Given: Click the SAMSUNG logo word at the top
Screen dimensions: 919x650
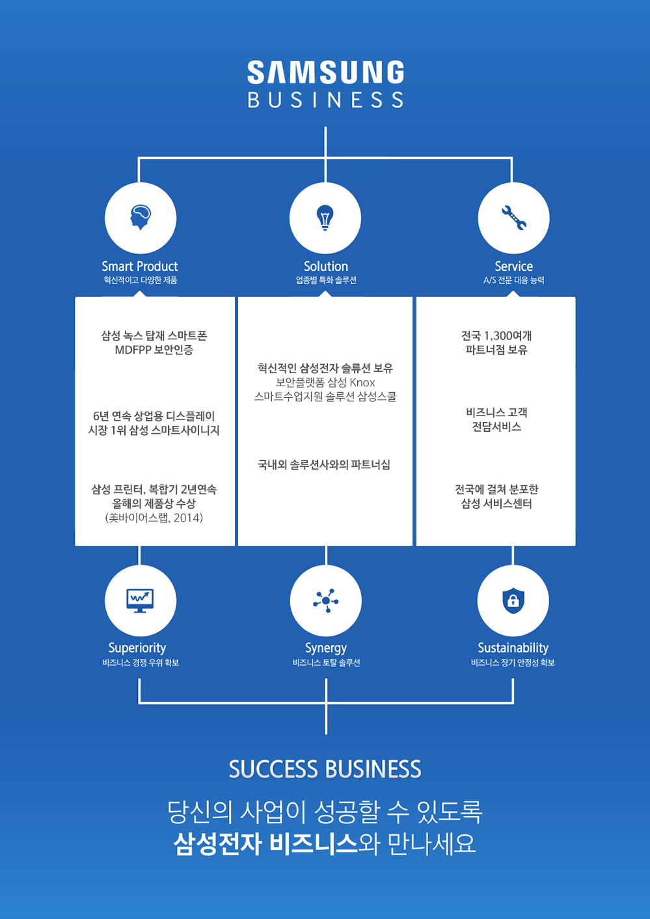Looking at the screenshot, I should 325,72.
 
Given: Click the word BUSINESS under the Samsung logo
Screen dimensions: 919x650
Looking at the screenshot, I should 325,100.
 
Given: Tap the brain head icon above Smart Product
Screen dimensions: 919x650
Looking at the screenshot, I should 141,217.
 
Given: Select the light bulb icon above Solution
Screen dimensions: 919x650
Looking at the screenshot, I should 325,217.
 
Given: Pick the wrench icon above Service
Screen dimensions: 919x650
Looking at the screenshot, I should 513,217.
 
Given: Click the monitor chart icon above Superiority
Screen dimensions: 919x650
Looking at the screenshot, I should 140,600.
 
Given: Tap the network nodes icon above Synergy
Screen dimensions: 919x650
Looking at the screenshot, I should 325,600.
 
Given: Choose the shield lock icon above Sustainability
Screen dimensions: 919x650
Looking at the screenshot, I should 513,600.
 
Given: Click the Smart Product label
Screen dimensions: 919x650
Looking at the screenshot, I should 140,266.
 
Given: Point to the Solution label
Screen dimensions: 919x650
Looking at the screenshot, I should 325,266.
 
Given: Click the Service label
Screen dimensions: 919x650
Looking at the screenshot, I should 513,266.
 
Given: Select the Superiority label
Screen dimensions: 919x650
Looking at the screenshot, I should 137,648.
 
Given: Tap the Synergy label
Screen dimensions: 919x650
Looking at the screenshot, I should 325,648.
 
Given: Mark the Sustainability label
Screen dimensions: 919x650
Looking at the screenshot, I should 513,648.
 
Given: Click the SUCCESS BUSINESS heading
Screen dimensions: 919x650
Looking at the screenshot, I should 325,769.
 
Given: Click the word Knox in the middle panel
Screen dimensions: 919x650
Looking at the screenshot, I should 362,382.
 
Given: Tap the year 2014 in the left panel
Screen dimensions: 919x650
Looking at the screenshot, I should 187,518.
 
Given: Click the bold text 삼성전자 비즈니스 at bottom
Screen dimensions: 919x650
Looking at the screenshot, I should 265,845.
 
